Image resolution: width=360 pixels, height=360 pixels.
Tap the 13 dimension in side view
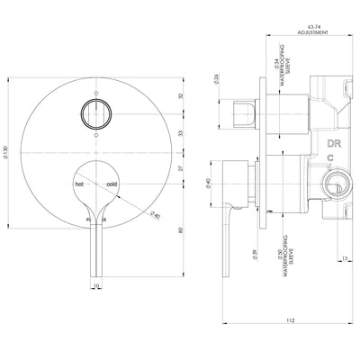point(346,261)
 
